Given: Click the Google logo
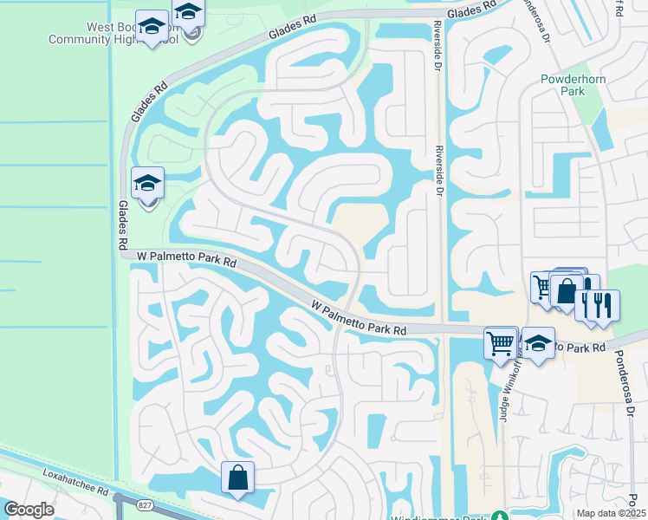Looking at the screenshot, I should (29, 510).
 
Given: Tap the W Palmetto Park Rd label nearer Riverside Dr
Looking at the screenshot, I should (359, 318).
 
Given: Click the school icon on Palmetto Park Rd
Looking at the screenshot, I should (538, 343).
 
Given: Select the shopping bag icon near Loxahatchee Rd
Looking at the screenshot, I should (237, 477).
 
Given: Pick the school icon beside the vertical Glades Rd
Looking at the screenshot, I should (147, 184).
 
